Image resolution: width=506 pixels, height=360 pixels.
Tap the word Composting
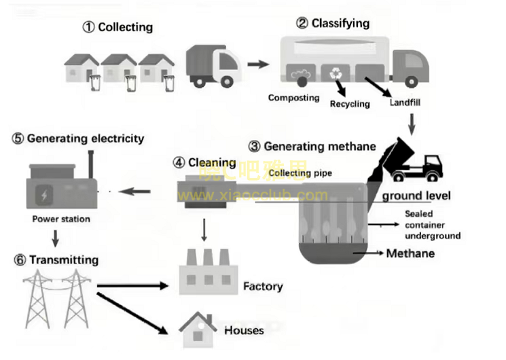pyautogui.click(x=293, y=98)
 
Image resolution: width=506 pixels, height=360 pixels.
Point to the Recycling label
pyautogui.click(x=350, y=104)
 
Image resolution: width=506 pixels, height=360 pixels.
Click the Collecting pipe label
pyautogui.click(x=300, y=173)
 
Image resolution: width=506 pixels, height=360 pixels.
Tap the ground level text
pyautogui.click(x=416, y=196)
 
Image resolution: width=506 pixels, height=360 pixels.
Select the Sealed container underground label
pyautogui.click(x=432, y=225)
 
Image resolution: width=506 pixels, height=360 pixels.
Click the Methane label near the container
pyautogui.click(x=410, y=254)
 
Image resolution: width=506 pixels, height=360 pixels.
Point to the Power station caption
pyautogui.click(x=61, y=219)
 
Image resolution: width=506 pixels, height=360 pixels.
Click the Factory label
pyautogui.click(x=263, y=287)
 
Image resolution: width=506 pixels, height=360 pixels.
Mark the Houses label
pyautogui.click(x=244, y=331)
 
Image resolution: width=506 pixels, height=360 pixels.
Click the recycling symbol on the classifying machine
pyautogui.click(x=335, y=73)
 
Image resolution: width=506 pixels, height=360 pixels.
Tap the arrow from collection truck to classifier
pyautogui.click(x=257, y=65)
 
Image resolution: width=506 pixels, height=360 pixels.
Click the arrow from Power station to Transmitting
pyautogui.click(x=55, y=238)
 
